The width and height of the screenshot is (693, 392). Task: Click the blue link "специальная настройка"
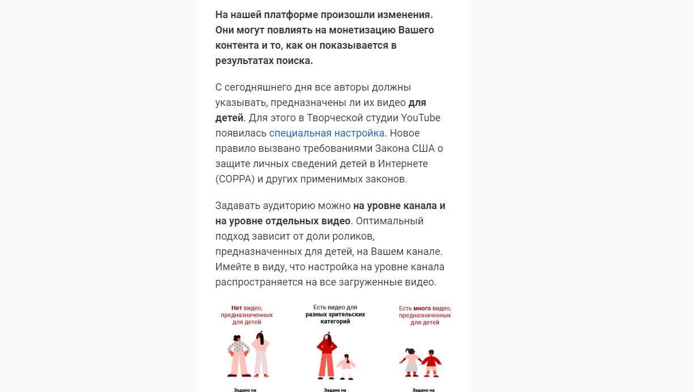click(x=326, y=133)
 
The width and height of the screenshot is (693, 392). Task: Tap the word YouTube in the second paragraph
click(x=420, y=118)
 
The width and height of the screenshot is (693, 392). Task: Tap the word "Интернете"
click(x=400, y=164)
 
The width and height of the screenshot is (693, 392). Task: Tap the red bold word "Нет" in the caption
click(x=236, y=308)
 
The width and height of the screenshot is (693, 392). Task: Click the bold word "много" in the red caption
click(x=422, y=308)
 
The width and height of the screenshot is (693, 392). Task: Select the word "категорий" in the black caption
click(x=335, y=321)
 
